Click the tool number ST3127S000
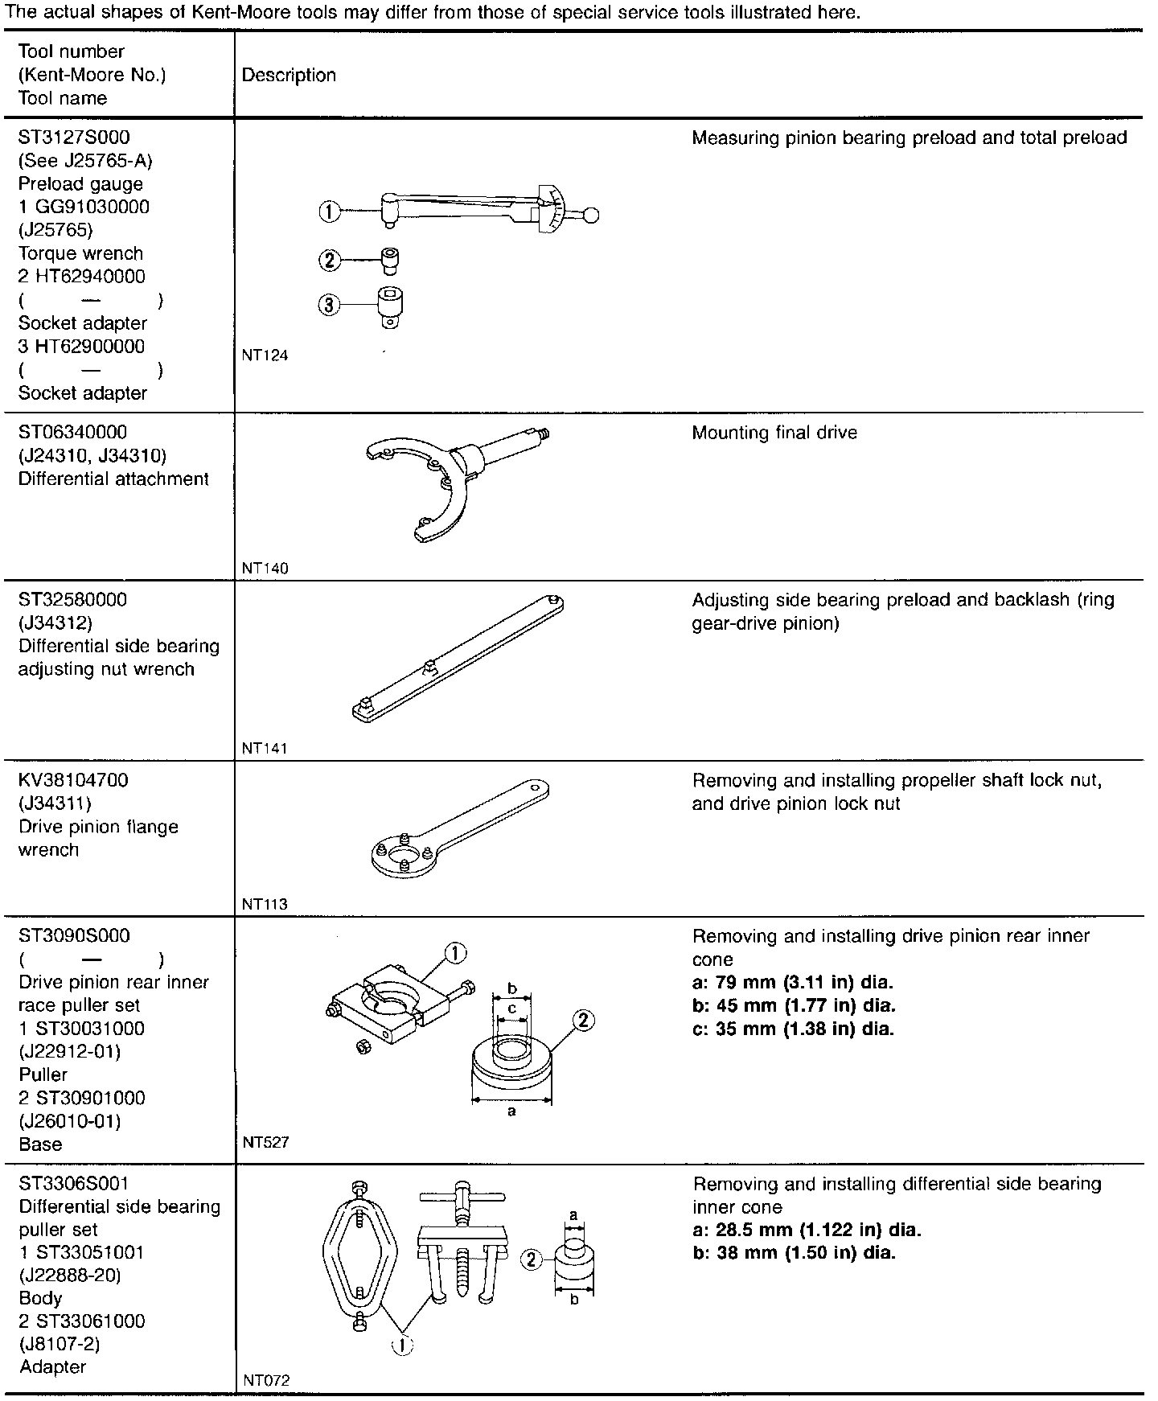(74, 138)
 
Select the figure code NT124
(265, 355)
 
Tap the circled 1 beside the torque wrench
(330, 212)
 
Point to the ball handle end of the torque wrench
(592, 215)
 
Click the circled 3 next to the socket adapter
(330, 306)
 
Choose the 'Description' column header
(289, 76)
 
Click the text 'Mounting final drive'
(774, 433)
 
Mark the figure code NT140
(265, 569)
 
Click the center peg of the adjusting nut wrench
(432, 667)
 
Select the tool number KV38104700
(73, 780)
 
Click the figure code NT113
(265, 904)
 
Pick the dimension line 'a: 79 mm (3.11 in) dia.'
(793, 983)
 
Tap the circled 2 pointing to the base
(584, 1021)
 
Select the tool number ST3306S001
(74, 1184)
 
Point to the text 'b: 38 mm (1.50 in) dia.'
(794, 1253)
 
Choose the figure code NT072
(265, 1380)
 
